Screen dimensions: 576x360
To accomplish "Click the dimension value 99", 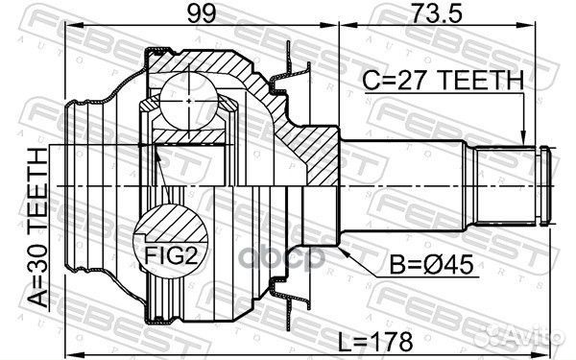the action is tap(202, 13).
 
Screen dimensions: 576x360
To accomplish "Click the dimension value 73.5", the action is tap(436, 13).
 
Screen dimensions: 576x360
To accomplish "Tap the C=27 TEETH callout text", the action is tap(443, 80).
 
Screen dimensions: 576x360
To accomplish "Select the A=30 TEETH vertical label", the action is tap(38, 228).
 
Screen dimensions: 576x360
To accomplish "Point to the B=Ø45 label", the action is tap(431, 265).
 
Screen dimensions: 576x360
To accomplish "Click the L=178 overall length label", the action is tap(375, 342).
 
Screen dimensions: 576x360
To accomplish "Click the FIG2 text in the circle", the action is tap(171, 255).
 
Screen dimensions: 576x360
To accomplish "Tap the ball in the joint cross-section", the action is tap(188, 101).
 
